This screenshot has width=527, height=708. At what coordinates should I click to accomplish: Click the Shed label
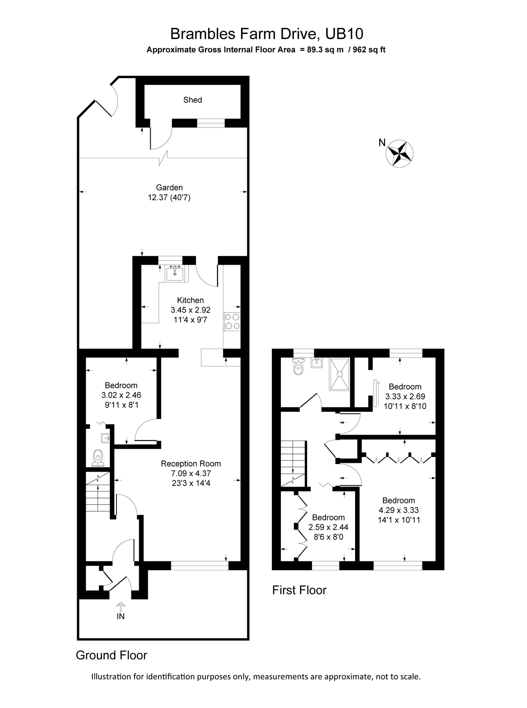point(192,100)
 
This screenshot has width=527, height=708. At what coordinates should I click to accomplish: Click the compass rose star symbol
point(400,153)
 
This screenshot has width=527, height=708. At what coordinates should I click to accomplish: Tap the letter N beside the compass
point(381,143)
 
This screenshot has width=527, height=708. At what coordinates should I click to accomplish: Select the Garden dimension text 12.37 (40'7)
point(169,197)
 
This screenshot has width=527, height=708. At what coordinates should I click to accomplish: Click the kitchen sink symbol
point(174,273)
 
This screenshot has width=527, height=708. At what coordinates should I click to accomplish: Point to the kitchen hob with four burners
point(232,321)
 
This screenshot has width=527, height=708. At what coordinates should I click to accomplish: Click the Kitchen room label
point(190,300)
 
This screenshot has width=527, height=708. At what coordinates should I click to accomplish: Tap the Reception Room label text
point(191,464)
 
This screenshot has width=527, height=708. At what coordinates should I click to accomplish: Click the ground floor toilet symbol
point(98,458)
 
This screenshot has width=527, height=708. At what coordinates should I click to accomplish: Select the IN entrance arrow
point(120,606)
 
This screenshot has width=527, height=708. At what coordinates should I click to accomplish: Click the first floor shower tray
point(339,374)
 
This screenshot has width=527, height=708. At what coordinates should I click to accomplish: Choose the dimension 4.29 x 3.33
point(398,510)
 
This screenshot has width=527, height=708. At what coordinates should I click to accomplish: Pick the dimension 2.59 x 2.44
point(328,527)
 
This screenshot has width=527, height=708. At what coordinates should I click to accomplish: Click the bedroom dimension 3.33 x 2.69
point(405,396)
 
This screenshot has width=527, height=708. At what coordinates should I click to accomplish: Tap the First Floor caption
point(299,590)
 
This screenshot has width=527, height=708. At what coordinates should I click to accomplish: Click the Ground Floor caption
point(111,655)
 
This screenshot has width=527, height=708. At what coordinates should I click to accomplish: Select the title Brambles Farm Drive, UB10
point(266,34)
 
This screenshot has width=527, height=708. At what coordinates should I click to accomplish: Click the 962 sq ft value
point(369,50)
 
